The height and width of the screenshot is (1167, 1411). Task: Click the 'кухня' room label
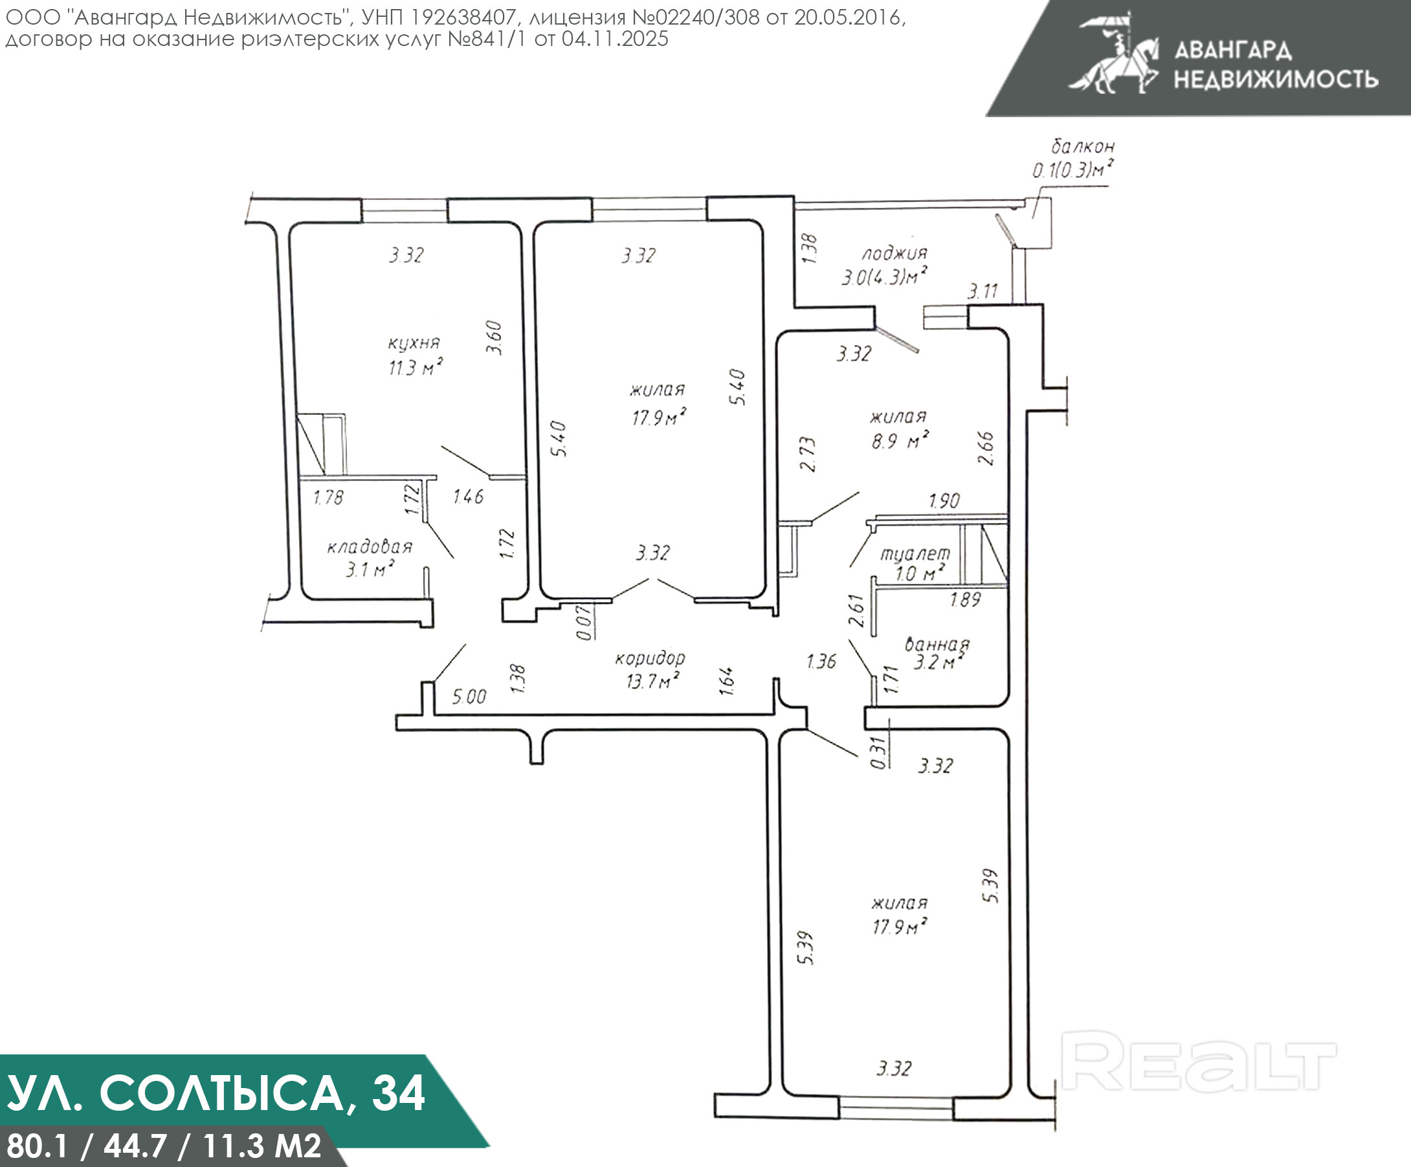[414, 342]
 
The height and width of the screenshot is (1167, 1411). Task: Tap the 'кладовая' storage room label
[370, 547]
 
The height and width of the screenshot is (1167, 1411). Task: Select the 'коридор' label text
[650, 658]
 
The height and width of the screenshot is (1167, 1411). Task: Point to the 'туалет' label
[915, 553]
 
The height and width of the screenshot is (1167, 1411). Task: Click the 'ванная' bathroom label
[937, 645]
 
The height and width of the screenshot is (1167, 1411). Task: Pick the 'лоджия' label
[894, 253]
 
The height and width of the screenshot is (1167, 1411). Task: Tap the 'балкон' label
[1082, 146]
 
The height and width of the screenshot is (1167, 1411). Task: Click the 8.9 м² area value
[900, 441]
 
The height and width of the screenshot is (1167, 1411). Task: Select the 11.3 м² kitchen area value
[416, 368]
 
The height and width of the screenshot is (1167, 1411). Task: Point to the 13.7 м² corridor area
[652, 682]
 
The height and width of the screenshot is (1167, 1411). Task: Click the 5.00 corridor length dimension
[469, 696]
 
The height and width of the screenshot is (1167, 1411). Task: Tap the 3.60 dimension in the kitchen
[494, 338]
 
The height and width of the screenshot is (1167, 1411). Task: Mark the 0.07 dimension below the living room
[584, 623]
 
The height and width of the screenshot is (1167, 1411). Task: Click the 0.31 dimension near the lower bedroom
[878, 753]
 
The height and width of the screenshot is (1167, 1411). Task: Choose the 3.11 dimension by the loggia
[983, 291]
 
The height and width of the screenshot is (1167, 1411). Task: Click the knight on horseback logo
[1115, 54]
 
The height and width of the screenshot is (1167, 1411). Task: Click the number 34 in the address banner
[399, 1093]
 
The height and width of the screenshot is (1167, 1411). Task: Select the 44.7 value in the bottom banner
[135, 1146]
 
